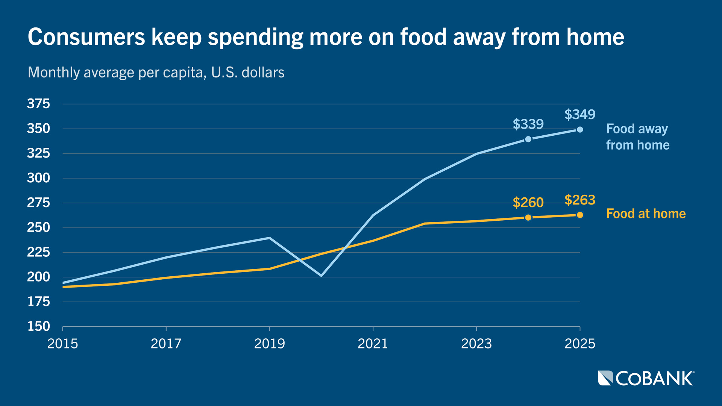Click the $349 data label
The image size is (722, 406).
coord(579,114)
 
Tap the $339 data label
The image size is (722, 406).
coord(528,124)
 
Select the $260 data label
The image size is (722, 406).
coord(528,203)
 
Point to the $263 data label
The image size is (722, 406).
coord(579,200)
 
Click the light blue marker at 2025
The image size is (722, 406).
coord(580,130)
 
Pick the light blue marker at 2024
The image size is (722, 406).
coord(528,139)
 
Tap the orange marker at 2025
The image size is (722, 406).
coord(580,215)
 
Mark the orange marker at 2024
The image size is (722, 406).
coord(528,217)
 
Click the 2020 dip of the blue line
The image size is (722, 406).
coord(321,276)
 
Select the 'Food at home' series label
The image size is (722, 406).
coord(646,214)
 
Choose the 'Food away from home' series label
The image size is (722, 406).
coord(637,137)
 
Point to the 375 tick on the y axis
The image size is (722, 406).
coord(38,104)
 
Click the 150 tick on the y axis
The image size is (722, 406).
coord(38,326)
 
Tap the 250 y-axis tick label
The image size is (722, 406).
coord(38,227)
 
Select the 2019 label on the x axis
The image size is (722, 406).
coord(269,344)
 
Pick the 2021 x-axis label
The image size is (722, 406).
coord(373,344)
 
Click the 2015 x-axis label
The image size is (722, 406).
coord(62,344)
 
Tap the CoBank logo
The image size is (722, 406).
coord(646,378)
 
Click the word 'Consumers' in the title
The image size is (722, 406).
coord(86,37)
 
